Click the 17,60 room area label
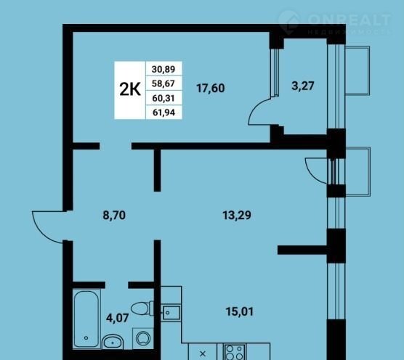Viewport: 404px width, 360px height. [211, 88]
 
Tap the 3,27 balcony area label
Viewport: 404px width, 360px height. [303, 86]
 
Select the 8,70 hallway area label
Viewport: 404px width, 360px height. [114, 215]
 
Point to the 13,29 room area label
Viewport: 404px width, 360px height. [237, 215]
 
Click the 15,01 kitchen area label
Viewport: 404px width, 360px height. [240, 311]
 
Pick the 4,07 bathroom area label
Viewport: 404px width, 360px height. [117, 318]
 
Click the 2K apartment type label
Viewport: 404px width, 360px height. [130, 89]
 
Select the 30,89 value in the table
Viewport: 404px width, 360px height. [163, 69]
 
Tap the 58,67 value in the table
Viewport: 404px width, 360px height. [163, 83]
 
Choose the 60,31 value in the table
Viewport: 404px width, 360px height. [163, 98]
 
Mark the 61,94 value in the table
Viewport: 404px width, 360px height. [164, 112]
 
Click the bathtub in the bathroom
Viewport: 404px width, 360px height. [86, 319]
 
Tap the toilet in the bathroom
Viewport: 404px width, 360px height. [142, 308]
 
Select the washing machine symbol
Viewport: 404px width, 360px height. [143, 338]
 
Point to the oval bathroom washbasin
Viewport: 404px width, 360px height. [113, 342]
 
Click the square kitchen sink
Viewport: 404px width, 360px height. [171, 313]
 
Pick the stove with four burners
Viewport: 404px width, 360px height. [235, 352]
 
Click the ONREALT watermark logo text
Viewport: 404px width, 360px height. [349, 20]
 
